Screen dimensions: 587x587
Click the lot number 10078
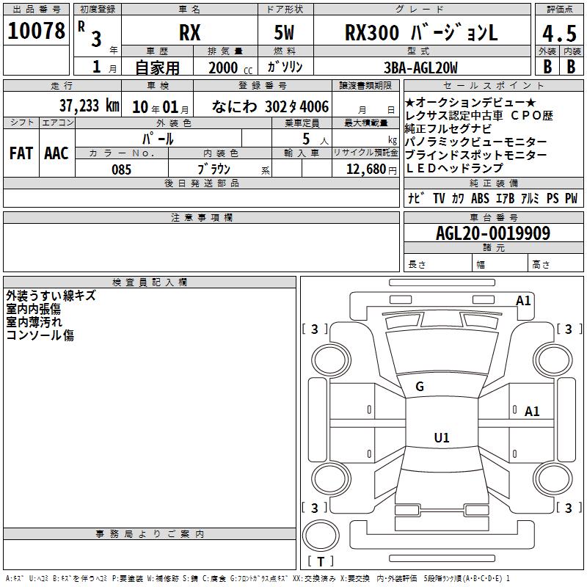coord(36,31)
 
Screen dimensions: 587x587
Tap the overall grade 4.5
coord(559,33)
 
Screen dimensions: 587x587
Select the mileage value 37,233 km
coord(89,106)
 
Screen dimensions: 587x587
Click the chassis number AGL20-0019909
coord(493,233)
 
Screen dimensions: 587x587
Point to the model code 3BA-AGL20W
coord(420,68)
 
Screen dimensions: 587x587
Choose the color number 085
coord(121,169)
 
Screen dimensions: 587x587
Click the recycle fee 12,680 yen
coord(371,169)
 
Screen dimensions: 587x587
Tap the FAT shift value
coord(21,153)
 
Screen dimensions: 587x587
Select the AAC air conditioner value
coord(56,153)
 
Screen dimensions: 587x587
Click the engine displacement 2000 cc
coord(230,68)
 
